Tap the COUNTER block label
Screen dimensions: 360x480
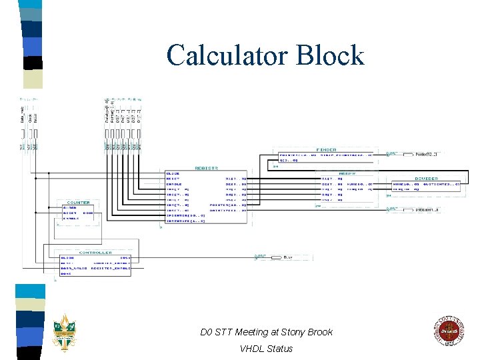79,202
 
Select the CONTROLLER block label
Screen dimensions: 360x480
95,252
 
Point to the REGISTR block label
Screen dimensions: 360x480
207,167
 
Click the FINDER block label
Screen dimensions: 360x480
326,149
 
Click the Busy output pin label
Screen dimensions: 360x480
288,257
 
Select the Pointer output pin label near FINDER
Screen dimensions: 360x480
426,154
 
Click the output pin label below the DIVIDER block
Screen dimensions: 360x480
426,209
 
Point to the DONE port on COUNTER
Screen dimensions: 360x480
87,213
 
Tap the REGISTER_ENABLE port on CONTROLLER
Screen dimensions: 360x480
111,267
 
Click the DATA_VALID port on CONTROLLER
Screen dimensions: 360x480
73,267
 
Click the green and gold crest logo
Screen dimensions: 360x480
65,331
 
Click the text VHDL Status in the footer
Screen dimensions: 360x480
266,348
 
